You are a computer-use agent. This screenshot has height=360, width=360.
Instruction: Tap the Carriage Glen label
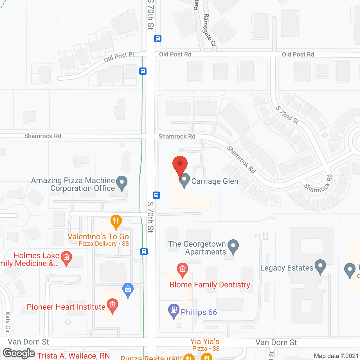pos(215,181)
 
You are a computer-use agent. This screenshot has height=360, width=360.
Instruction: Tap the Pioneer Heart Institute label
pos(66,307)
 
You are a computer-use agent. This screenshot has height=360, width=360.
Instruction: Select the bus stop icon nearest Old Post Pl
pos(143,71)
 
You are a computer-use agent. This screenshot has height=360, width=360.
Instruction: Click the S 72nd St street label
pos(287,115)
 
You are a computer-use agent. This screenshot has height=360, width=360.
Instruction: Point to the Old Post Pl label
pos(119,57)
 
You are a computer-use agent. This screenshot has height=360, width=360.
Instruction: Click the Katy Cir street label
pos(8,322)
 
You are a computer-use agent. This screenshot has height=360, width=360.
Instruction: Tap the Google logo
pos(19,353)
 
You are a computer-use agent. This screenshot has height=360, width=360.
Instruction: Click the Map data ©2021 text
pos(336,356)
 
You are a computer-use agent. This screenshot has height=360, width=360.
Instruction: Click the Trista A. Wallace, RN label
pos(73,356)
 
